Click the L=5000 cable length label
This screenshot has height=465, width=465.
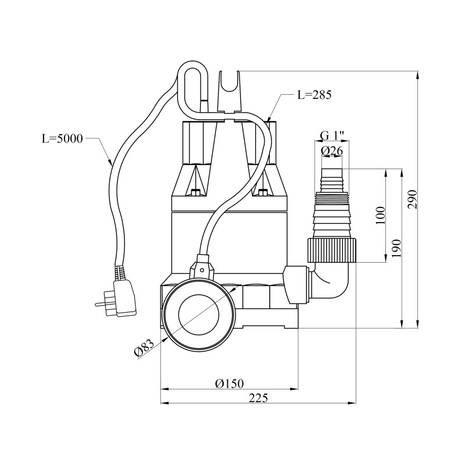point(62,138)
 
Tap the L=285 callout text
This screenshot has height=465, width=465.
point(314,95)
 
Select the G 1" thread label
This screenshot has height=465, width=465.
point(332,136)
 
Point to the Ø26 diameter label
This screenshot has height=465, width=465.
point(332,151)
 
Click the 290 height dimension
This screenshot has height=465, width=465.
point(413,199)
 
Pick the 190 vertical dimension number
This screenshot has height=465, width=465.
point(397,248)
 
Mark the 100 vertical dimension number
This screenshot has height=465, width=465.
point(381,215)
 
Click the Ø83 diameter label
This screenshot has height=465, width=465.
point(144,348)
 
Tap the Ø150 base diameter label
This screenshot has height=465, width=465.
point(229,384)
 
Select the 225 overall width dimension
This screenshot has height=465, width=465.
point(258,398)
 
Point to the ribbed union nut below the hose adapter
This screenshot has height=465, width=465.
point(332,250)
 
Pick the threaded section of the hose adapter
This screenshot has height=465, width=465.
point(332,198)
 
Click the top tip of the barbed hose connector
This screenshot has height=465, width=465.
point(332,169)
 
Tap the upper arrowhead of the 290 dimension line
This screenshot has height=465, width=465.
point(418,75)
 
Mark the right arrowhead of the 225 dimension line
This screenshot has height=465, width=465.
point(352,403)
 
